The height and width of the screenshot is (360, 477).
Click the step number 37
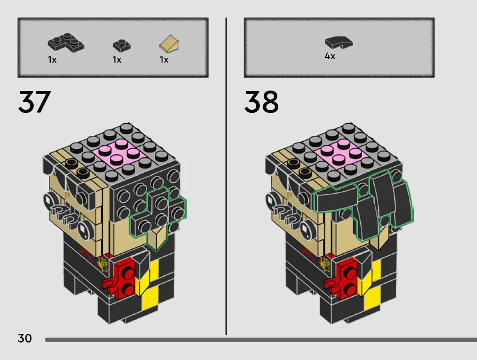(x=35, y=102)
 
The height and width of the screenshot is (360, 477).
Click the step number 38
(x=261, y=102)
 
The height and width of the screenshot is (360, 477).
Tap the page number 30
(x=25, y=338)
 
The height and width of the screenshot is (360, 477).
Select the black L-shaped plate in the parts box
(x=66, y=43)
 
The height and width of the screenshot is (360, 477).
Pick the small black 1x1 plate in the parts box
(x=122, y=45)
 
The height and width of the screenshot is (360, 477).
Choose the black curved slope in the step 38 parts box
(x=339, y=42)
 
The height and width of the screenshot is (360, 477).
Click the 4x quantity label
(x=330, y=56)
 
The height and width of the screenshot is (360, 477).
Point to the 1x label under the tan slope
(x=164, y=60)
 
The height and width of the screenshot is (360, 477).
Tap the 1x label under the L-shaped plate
(x=52, y=60)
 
